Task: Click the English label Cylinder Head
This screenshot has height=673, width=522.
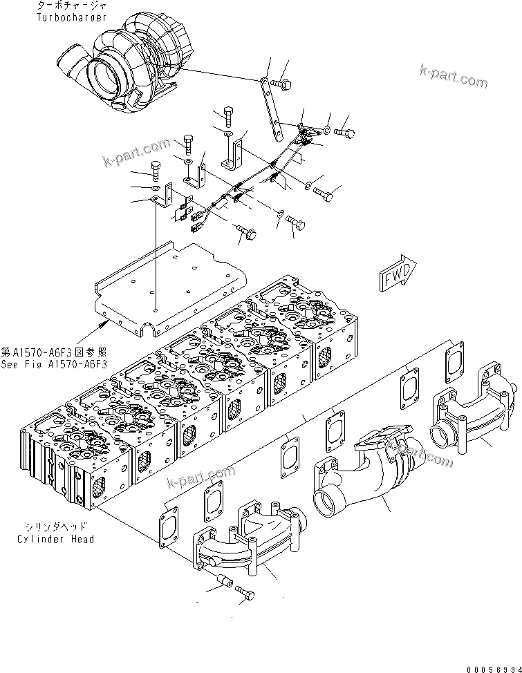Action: pos(57,539)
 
